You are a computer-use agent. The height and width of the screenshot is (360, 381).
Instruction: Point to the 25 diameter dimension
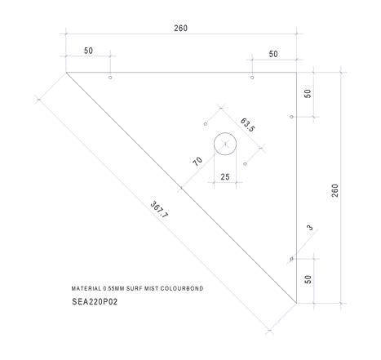click(224, 176)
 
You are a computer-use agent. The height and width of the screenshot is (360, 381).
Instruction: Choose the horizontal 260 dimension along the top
click(181, 29)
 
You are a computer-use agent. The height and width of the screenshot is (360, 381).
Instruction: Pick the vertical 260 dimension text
click(334, 189)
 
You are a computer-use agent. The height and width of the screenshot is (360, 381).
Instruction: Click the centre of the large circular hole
click(224, 144)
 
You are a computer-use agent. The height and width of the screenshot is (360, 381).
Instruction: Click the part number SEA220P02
click(95, 301)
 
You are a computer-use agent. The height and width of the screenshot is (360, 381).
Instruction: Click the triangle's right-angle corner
click(296, 73)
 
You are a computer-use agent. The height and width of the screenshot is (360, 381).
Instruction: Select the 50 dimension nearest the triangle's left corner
click(88, 51)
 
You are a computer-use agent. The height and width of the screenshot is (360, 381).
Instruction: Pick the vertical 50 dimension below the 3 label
click(308, 279)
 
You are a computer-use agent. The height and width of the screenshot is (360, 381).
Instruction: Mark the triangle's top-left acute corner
click(66, 73)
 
